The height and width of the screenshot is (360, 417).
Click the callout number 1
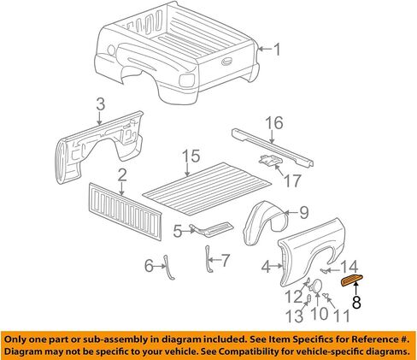(x=277, y=50)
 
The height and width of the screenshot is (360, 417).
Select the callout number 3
(x=100, y=104)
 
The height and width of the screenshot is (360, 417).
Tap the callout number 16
(x=274, y=123)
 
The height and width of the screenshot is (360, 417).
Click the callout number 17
(x=292, y=180)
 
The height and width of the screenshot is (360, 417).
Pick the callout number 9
(x=304, y=212)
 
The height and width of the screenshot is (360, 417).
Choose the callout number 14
(x=349, y=267)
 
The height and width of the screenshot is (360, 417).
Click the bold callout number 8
(x=356, y=302)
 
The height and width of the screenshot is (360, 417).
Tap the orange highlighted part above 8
(x=352, y=280)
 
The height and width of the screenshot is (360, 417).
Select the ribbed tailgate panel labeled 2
(x=126, y=211)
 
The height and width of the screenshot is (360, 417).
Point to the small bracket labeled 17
(x=270, y=161)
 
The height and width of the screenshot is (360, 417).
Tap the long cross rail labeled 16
(x=272, y=147)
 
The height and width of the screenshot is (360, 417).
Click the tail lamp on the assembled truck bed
(x=187, y=80)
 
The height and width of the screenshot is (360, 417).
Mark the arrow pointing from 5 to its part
(x=188, y=231)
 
